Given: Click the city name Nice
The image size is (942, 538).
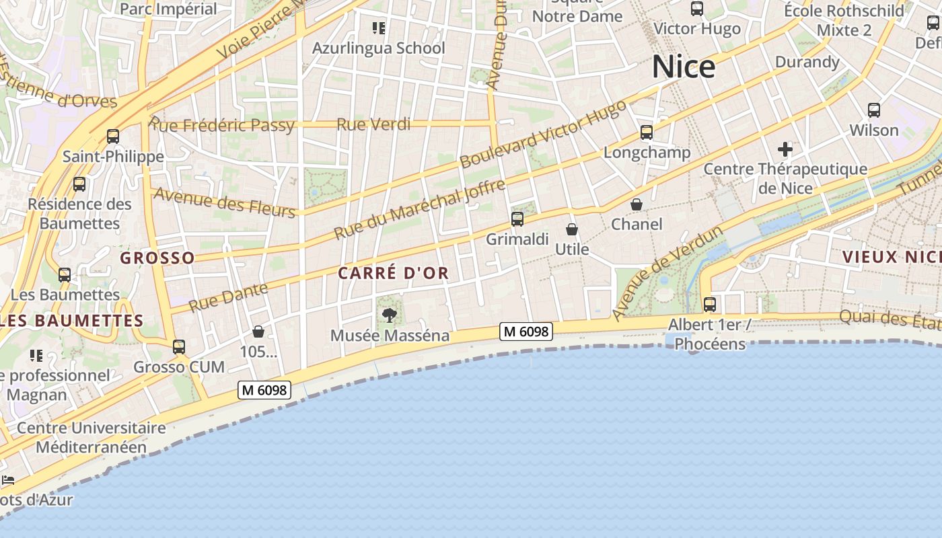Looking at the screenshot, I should tap(684, 67).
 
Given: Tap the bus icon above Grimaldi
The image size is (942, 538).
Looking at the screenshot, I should tap(517, 219).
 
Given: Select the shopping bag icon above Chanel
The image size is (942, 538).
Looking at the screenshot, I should tap(636, 204).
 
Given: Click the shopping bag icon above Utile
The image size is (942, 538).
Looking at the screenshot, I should tap(572, 229).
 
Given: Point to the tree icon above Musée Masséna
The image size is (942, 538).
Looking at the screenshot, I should tap(389, 315).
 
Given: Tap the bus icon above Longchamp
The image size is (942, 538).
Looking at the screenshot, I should tap(647, 132).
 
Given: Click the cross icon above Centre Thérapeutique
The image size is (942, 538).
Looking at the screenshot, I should tap(785, 149).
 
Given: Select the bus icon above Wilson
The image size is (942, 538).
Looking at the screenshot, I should tap(874, 110).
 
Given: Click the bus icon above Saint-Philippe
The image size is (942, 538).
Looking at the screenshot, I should tap(113, 137).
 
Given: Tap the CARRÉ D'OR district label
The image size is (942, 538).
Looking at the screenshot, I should tap(393, 273).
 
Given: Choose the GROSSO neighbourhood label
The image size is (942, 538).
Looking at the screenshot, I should tap(157, 258).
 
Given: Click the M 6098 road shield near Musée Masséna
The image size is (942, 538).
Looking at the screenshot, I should tap(526, 331).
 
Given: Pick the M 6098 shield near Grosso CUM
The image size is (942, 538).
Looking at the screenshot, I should tap(264, 389).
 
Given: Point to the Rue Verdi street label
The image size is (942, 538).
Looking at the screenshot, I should tap(373, 124).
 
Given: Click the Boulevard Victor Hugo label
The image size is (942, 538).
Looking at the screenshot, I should tap(542, 134).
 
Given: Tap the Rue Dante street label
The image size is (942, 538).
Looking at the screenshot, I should tap(228, 297).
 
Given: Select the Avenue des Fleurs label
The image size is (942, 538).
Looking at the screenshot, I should tap(225, 202).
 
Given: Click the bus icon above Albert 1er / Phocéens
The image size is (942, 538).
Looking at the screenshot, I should tap(709, 304).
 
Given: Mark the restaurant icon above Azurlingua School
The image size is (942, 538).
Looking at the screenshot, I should tap(379, 28).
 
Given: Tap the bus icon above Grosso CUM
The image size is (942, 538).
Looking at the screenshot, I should tap(178, 347).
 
